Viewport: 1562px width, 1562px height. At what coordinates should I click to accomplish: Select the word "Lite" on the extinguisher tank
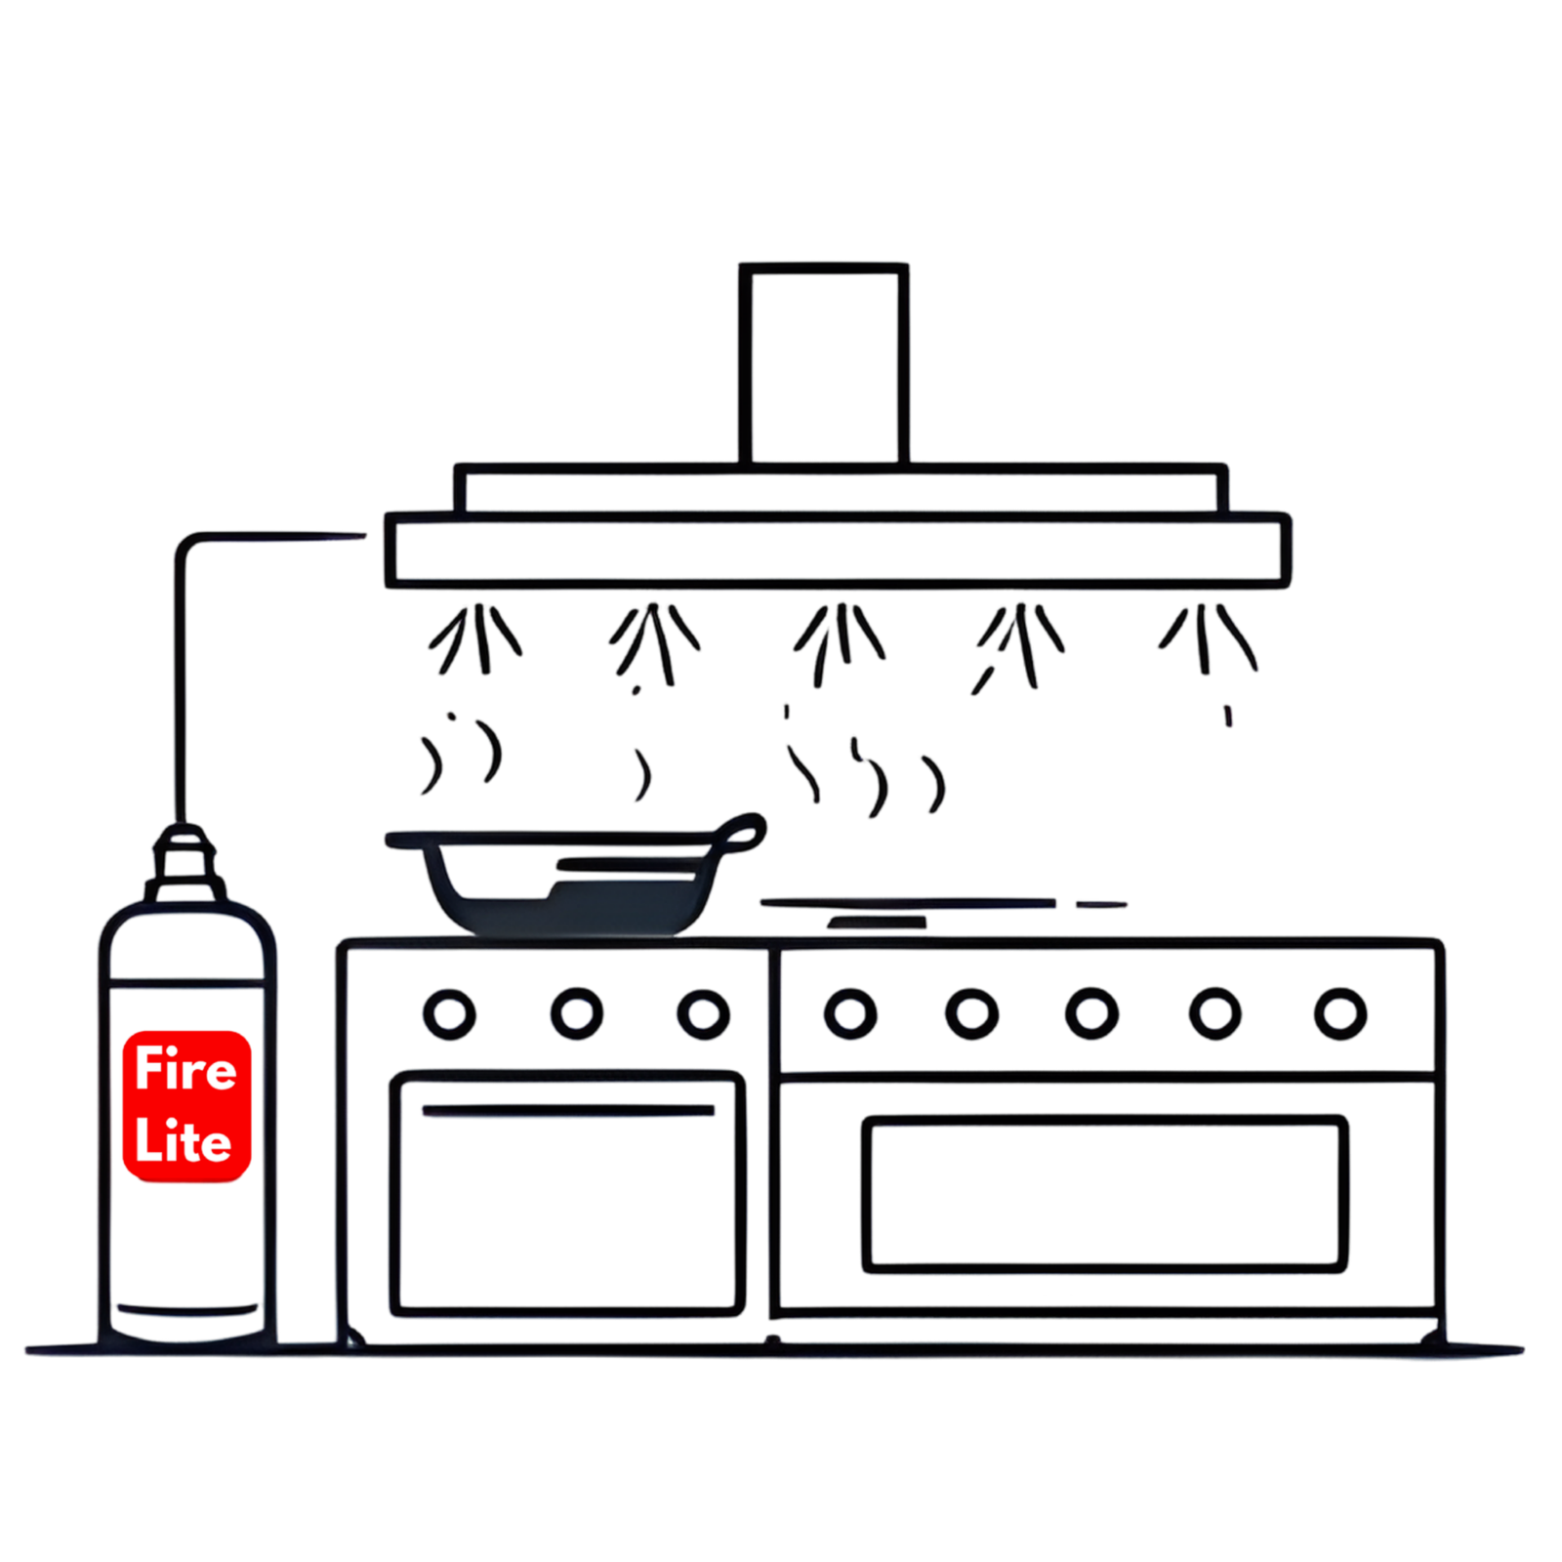[184, 1140]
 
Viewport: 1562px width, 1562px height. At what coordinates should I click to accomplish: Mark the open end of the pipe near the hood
[363, 535]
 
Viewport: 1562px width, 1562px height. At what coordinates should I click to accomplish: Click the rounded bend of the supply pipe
[185, 543]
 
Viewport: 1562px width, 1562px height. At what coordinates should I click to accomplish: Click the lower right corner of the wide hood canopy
[1287, 584]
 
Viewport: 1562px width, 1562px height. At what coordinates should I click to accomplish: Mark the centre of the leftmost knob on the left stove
[449, 1014]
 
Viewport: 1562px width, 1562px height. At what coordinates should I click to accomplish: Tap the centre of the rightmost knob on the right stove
[1339, 1013]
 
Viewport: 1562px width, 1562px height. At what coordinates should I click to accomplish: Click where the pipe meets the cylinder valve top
[181, 825]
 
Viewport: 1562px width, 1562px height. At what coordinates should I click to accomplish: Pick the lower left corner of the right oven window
[867, 1267]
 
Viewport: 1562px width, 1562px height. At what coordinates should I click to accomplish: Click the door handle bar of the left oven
[568, 1111]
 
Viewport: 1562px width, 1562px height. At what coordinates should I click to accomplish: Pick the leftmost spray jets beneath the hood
[475, 638]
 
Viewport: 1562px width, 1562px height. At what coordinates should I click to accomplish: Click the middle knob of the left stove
[576, 1013]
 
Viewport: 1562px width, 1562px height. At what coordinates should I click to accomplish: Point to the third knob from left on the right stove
[1091, 1013]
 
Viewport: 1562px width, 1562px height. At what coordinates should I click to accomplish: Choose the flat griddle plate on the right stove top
[908, 903]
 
